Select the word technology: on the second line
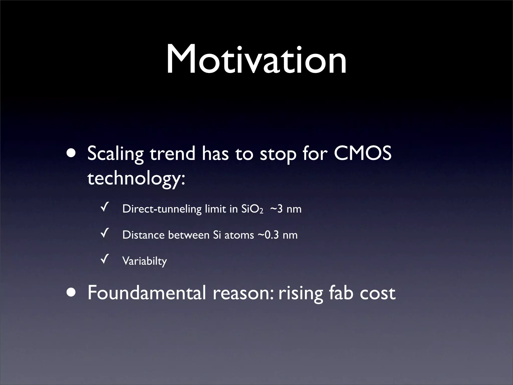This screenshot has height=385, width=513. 136,179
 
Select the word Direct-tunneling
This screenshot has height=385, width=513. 162,209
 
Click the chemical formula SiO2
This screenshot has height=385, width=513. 252,209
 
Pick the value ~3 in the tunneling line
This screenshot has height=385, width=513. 277,209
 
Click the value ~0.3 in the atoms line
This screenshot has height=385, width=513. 268,235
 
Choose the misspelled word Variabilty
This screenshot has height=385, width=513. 145,261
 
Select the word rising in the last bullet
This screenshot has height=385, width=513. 301,293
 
